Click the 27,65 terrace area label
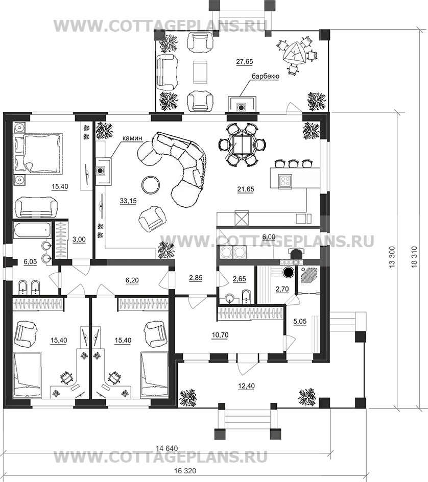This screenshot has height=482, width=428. pyautogui.click(x=245, y=61)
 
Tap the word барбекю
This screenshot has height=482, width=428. pyautogui.click(x=266, y=76)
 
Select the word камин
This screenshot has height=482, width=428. pyautogui.click(x=132, y=138)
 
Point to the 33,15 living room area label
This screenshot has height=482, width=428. pyautogui.click(x=128, y=201)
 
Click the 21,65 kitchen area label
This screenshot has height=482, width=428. pyautogui.click(x=246, y=189)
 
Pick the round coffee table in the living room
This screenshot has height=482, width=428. pyautogui.click(x=151, y=185)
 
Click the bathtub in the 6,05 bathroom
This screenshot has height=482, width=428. pyautogui.click(x=32, y=230)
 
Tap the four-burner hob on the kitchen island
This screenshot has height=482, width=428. pyautogui.click(x=285, y=181)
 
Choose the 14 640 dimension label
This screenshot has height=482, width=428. pyautogui.click(x=167, y=448)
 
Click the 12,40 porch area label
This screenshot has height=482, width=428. pyautogui.click(x=247, y=386)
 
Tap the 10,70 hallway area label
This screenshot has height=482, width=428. pyautogui.click(x=220, y=335)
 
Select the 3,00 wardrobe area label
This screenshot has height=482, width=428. pyautogui.click(x=79, y=239)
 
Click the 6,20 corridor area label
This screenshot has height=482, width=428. pyautogui.click(x=132, y=280)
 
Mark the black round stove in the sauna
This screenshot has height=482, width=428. pyautogui.click(x=289, y=272)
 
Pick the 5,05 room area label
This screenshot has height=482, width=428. pyautogui.click(x=300, y=321)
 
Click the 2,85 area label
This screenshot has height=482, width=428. pyautogui.click(x=196, y=278)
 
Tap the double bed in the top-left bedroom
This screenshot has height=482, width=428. pyautogui.click(x=38, y=153)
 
